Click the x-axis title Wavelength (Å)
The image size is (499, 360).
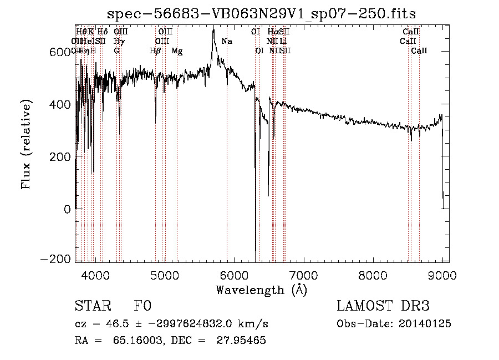[x=261, y=290]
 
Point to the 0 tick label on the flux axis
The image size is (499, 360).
[x=67, y=209]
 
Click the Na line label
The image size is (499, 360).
[x=227, y=42]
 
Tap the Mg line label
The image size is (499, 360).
[x=177, y=51]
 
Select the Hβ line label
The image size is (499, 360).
[x=155, y=51]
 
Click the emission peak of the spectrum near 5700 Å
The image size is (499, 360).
[x=213, y=31]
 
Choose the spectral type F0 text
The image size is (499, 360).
[x=142, y=306]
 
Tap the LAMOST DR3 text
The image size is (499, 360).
[x=383, y=306]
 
